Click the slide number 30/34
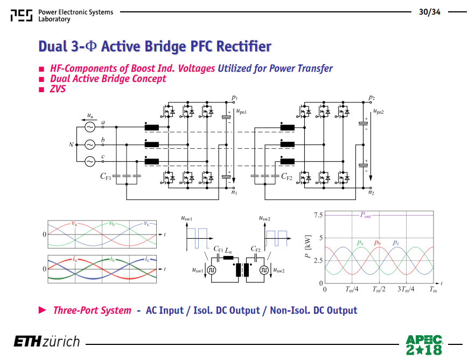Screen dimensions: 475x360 click(430, 12)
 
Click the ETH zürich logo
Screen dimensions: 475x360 click(47, 342)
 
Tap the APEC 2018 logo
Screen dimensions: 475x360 click(424, 345)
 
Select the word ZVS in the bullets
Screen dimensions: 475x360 click(58, 89)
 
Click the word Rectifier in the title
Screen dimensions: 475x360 click(244, 46)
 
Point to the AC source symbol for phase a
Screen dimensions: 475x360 click(89, 127)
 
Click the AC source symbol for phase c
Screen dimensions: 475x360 click(89, 162)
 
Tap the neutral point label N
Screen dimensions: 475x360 click(71, 144)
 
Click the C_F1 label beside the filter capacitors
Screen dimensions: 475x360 click(106, 176)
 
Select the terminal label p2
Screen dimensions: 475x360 click(372, 98)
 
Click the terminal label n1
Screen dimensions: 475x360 click(234, 192)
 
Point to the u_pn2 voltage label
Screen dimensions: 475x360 click(379, 111)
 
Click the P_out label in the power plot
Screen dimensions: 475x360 click(365, 215)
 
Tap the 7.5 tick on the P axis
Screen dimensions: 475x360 click(318, 215)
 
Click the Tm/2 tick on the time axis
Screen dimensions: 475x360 click(379, 289)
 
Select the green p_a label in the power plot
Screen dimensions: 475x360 click(360, 243)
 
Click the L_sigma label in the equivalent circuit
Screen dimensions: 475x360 click(228, 251)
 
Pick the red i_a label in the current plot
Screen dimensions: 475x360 click(74, 259)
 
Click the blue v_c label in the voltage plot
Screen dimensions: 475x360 click(146, 224)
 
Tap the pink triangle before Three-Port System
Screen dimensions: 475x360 click(43, 310)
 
